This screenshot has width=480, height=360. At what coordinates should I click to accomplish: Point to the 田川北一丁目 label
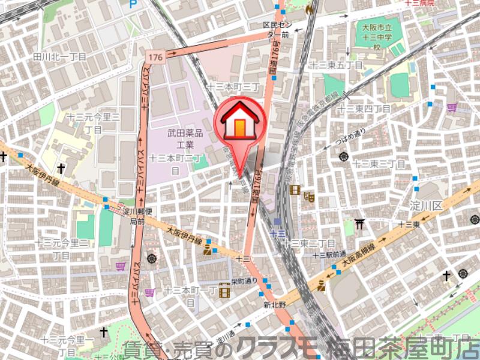pyautogui.click(x=60, y=56)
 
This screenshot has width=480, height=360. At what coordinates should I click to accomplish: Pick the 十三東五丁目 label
pyautogui.click(x=336, y=65)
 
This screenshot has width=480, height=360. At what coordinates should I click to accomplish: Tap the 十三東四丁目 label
pyautogui.click(x=364, y=109)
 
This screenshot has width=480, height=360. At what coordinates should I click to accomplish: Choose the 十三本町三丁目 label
pyautogui.click(x=233, y=88)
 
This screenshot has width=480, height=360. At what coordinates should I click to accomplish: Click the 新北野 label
pyautogui.click(x=275, y=304)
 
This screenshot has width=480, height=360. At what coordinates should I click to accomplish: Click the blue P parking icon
pyautogui.click(x=133, y=4)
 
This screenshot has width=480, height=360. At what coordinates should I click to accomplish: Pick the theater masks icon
pyautogui.click(x=310, y=196)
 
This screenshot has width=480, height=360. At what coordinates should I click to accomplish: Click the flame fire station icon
pyautogui.click(x=309, y=8)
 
